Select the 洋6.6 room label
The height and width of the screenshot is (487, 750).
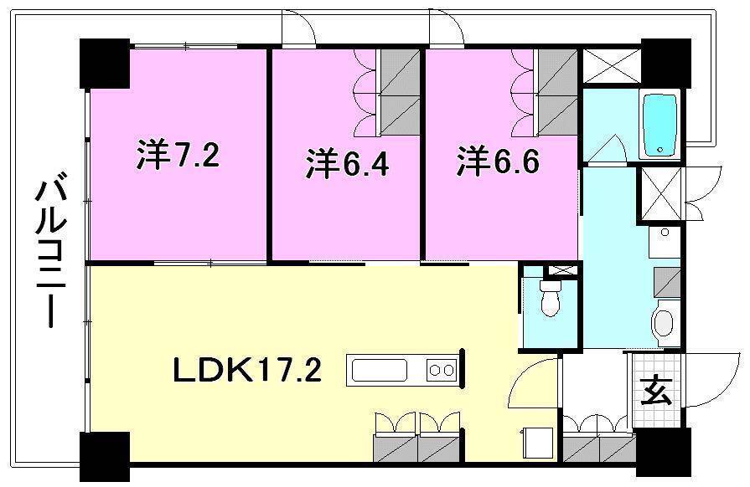[498, 161]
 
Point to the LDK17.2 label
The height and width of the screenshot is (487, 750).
[247, 369]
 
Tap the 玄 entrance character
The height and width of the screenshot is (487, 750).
[656, 390]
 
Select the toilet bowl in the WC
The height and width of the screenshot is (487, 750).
[550, 298]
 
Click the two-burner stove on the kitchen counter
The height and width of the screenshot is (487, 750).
[442, 369]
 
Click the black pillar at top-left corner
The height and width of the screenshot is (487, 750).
[105, 63]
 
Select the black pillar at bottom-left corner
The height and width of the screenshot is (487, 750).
[105, 457]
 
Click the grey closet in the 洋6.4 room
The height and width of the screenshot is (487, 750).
[400, 90]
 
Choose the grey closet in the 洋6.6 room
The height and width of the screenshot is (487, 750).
[557, 90]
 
